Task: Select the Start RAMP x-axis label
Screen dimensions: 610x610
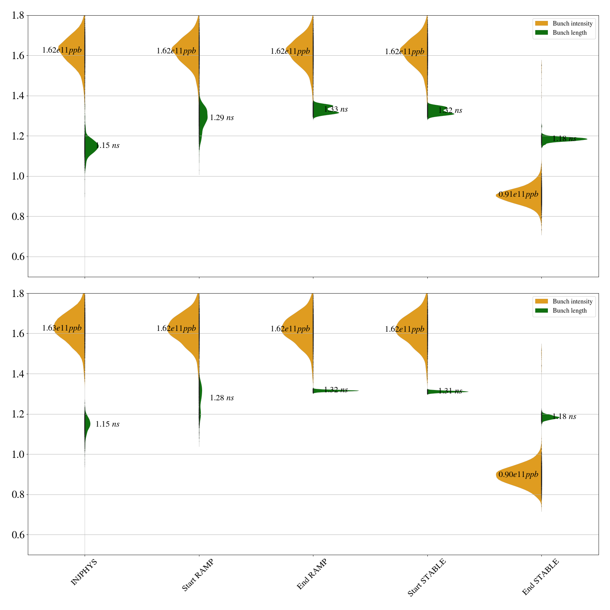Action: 197,575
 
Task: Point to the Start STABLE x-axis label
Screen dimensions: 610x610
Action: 426,578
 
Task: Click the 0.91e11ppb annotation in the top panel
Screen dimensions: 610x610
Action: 518,194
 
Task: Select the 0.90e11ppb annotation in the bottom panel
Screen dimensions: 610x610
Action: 518,475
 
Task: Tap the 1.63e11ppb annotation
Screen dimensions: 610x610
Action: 62,328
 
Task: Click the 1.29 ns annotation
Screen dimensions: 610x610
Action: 222,118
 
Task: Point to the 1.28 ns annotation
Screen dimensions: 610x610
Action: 222,398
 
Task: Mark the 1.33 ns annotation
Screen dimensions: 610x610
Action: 336,109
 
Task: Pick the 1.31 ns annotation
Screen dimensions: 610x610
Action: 450,391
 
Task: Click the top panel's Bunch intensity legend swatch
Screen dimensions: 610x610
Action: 541,24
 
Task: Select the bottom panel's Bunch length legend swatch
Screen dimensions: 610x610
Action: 541,311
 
